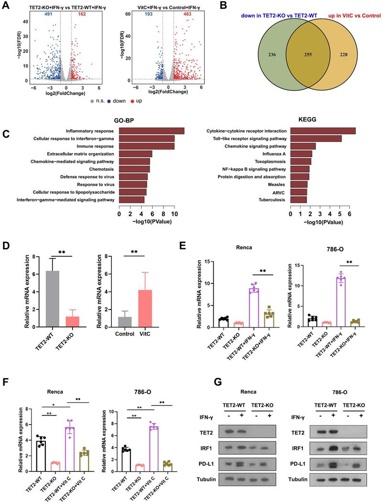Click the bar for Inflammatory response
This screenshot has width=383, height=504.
(x=152, y=131)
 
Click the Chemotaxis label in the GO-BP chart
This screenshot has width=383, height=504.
(x=102, y=169)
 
